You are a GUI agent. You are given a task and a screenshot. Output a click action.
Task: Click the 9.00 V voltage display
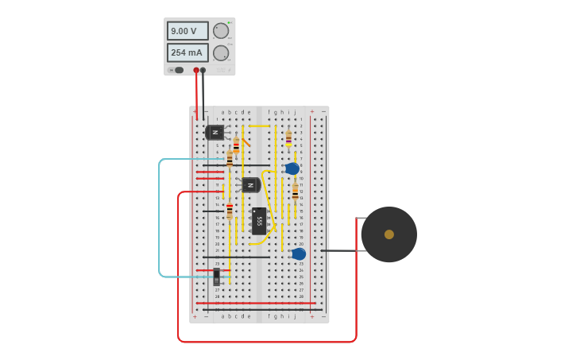(x=187, y=31)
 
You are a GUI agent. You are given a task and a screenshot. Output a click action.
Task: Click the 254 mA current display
(x=187, y=52)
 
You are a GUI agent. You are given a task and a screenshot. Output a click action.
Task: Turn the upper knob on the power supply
(x=220, y=31)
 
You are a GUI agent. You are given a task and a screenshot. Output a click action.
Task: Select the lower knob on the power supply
(x=220, y=52)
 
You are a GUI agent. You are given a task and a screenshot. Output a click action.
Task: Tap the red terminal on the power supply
(x=196, y=70)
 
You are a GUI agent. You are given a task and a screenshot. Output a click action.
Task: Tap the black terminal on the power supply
(x=203, y=70)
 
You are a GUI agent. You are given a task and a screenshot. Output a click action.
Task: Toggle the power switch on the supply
(x=178, y=70)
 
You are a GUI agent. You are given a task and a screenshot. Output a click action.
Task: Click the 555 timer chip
(x=259, y=220)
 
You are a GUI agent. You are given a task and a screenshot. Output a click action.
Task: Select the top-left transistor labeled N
(x=215, y=132)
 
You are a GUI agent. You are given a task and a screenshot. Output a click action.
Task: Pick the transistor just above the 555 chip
(x=250, y=184)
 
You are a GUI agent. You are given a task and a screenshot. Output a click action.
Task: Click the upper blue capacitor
(x=292, y=168)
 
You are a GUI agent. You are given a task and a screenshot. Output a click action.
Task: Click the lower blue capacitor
(x=299, y=254)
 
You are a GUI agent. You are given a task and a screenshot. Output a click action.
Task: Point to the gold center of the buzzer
(x=389, y=234)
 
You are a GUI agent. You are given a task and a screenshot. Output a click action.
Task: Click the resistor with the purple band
(x=288, y=139)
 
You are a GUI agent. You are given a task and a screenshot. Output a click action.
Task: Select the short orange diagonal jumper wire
(x=246, y=142)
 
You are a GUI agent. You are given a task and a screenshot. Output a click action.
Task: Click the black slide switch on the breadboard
(x=216, y=277)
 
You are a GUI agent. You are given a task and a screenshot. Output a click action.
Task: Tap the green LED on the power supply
(x=230, y=23)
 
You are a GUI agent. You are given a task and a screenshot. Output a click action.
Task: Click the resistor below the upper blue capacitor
(x=295, y=192)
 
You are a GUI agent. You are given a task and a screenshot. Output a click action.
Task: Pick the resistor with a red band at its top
(x=230, y=211)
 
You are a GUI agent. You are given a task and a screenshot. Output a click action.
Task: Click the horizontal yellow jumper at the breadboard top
(x=259, y=126)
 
